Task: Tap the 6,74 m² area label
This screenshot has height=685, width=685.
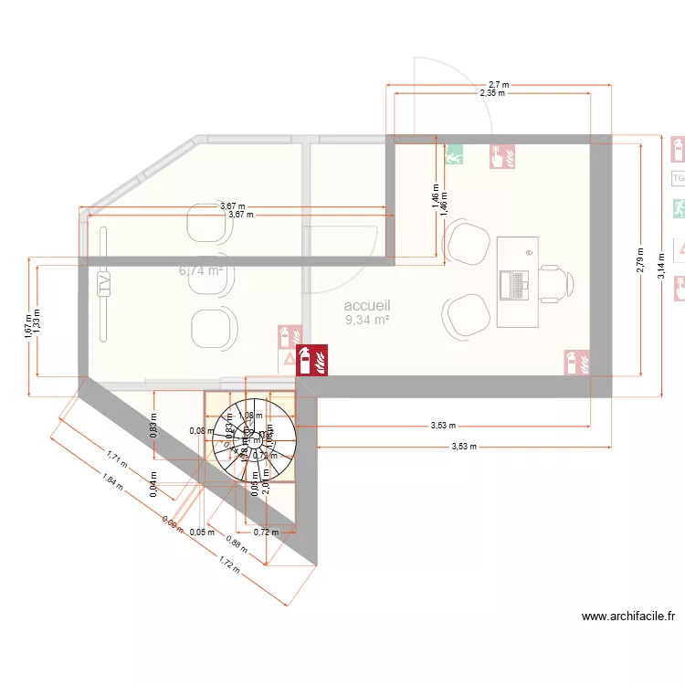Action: pos(201,270)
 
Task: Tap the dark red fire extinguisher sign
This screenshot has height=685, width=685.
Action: pos(314,360)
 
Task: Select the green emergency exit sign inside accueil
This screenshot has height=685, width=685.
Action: pos(454,155)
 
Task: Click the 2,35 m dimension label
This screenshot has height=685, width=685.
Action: pos(492,93)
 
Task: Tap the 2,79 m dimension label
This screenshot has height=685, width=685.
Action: pos(641,261)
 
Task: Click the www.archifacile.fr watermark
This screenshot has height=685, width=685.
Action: pos(628,616)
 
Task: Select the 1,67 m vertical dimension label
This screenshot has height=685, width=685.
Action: pos(27,327)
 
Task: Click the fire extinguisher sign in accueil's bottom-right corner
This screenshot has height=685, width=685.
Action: pos(576,362)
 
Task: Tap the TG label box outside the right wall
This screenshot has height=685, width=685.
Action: pos(678,178)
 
